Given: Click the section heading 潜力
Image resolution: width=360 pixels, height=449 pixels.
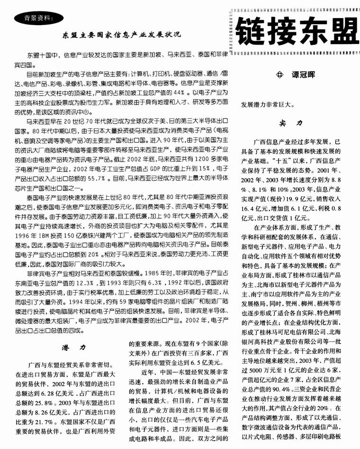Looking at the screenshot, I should tap(73, 347).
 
